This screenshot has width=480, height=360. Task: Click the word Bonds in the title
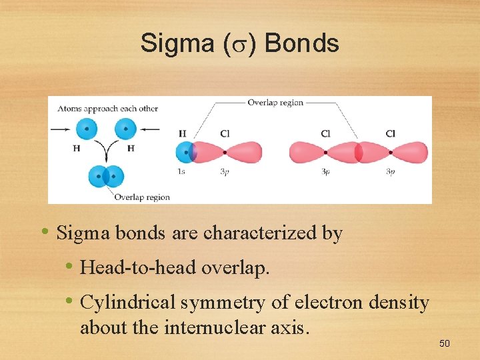point(302,44)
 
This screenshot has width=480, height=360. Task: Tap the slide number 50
point(445,343)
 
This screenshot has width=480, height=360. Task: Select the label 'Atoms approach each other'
point(107,108)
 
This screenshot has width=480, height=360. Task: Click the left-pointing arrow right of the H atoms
point(151,129)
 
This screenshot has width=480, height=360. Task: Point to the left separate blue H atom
point(87,129)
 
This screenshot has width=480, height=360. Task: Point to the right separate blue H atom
point(125,129)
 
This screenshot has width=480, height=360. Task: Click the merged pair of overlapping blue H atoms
point(106,177)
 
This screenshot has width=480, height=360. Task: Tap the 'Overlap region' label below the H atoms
point(142,197)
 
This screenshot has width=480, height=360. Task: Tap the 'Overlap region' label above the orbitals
point(275,103)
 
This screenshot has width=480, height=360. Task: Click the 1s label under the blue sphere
point(181,172)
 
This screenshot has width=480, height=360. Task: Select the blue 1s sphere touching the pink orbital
point(184,153)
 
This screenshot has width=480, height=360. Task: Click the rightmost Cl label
point(390,134)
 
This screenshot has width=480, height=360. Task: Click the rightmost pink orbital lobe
point(409,153)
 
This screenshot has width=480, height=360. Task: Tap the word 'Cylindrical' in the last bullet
point(127,303)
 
